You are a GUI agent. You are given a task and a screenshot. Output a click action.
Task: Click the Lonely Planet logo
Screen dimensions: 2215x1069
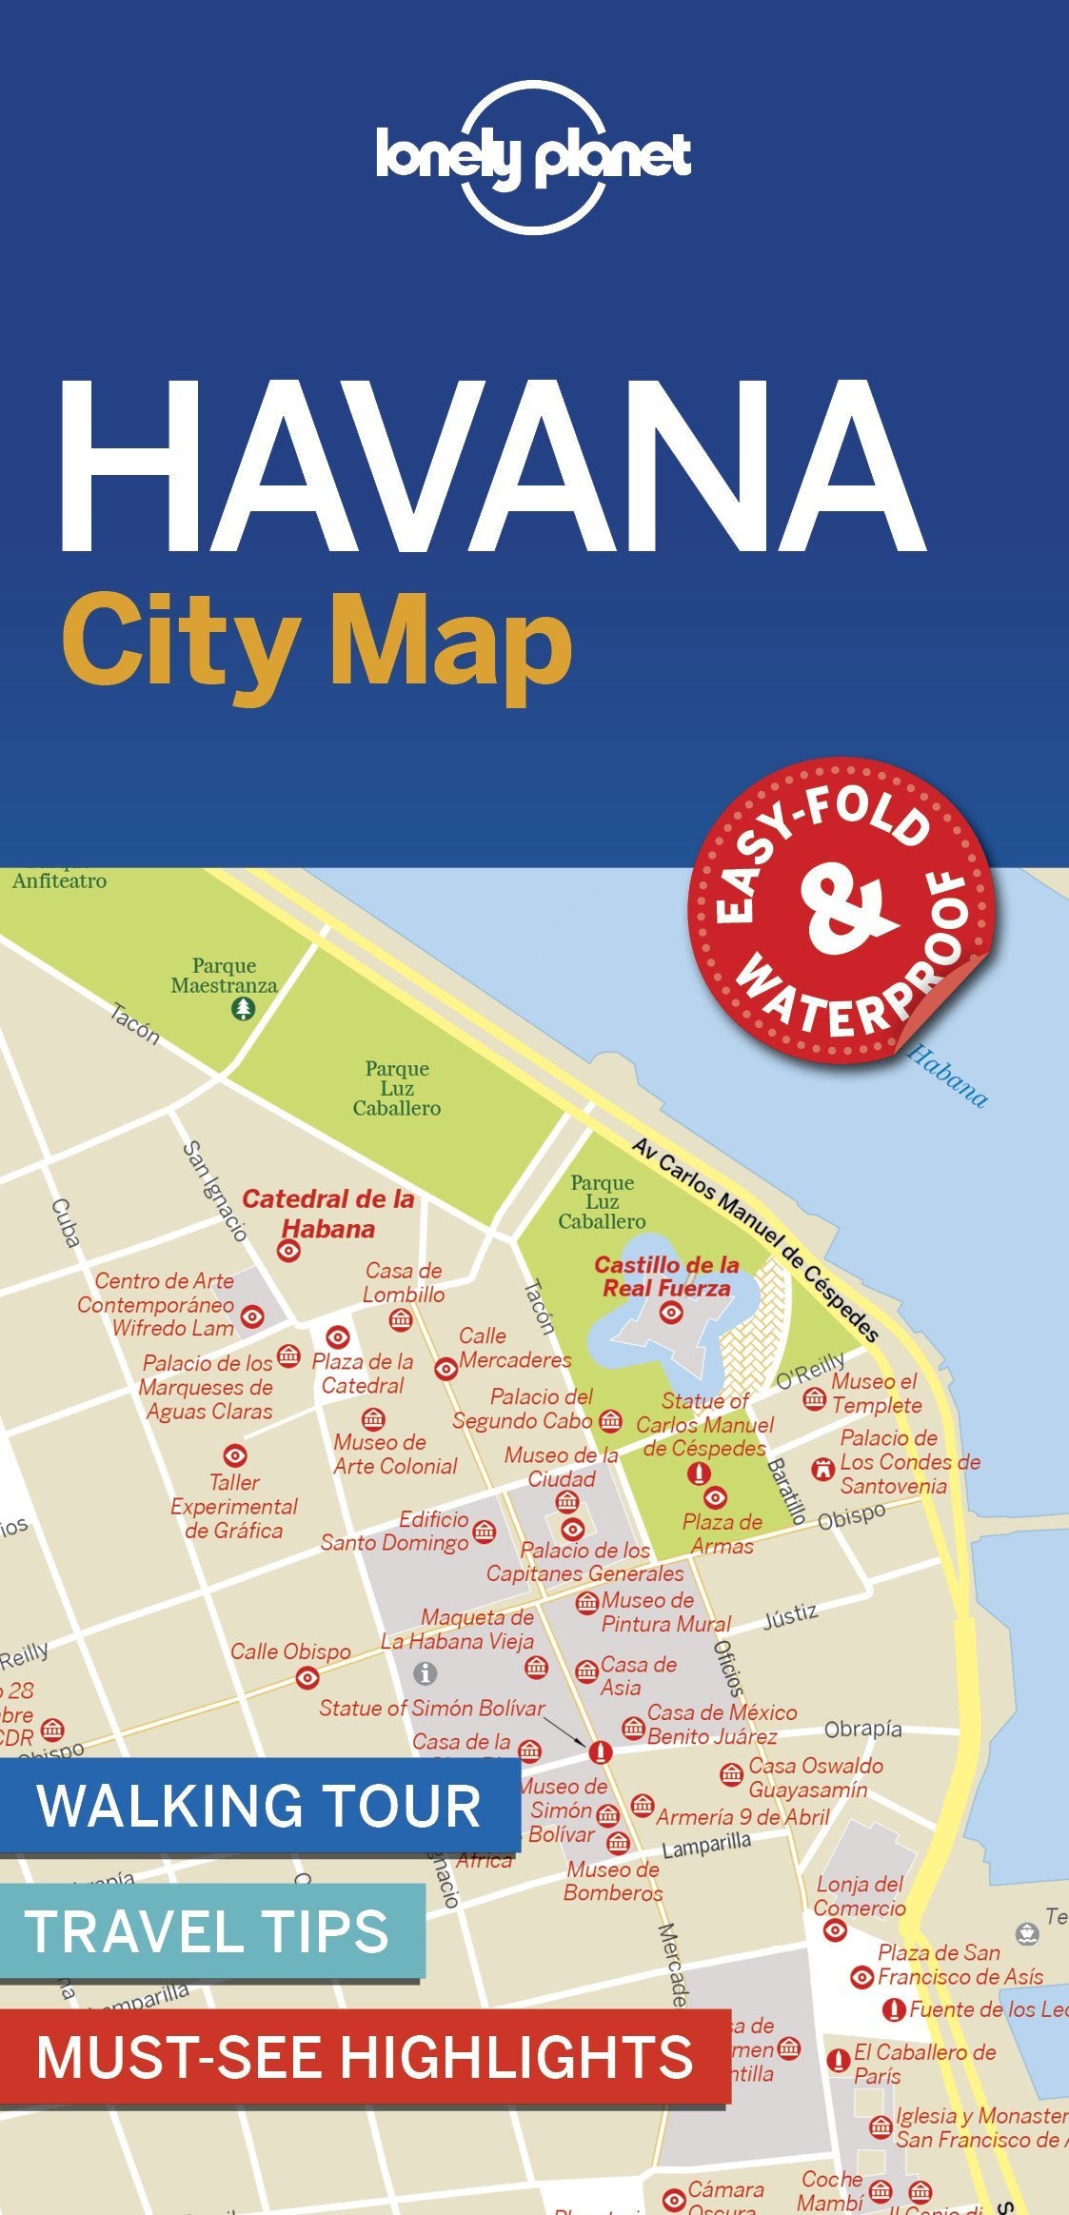[x=533, y=157]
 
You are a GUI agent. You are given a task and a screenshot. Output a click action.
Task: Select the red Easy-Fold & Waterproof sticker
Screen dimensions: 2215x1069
[x=841, y=910]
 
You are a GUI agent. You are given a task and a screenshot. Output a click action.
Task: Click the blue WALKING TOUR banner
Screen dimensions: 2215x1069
[x=259, y=1805]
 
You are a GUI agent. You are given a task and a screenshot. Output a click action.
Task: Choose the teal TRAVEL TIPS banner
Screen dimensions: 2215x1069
[x=209, y=1930]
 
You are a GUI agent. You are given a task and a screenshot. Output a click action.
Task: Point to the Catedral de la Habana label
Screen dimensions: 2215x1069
[x=327, y=1213]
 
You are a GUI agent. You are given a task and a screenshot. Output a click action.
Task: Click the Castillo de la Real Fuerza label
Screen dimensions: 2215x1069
[x=666, y=1276]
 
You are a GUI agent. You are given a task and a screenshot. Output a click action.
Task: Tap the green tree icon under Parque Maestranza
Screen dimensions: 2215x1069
[x=244, y=1009]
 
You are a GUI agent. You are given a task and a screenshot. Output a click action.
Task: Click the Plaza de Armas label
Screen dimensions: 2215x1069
[x=723, y=1533]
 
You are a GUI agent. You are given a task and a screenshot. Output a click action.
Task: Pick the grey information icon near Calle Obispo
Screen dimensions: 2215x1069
[x=425, y=1672]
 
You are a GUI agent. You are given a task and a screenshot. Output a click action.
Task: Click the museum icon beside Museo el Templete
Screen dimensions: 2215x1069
[x=814, y=1398]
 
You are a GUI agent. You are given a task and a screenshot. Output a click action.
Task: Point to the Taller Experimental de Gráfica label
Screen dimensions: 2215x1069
[x=234, y=1506]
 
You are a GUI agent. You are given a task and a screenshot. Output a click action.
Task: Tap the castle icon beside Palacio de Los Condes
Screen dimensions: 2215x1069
[x=822, y=1469]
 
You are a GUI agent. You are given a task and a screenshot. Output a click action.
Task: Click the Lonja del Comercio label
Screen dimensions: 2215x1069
[x=860, y=1895]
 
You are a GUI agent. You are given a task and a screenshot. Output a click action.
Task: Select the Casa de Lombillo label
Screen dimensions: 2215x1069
[x=404, y=1282]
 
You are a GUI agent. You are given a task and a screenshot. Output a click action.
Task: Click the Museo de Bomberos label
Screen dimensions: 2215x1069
[x=612, y=1881]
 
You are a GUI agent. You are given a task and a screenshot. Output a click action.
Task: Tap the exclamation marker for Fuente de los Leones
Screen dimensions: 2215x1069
[x=893, y=2009]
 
